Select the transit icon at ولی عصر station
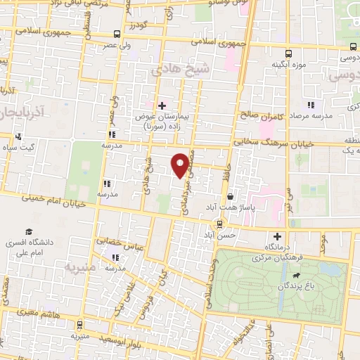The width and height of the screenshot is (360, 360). (116, 34)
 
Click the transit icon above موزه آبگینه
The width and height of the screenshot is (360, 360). (288, 53)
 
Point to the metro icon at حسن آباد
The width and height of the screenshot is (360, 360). (221, 224)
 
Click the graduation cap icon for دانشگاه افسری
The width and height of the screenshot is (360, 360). (30, 232)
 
